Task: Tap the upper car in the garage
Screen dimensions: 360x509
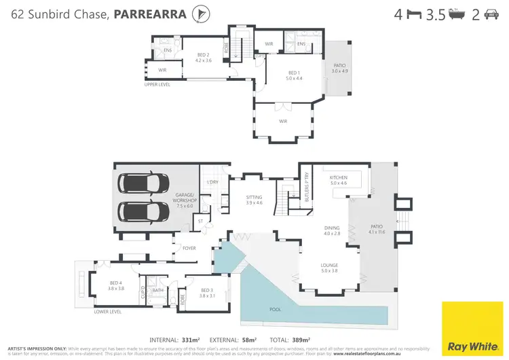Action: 144,184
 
